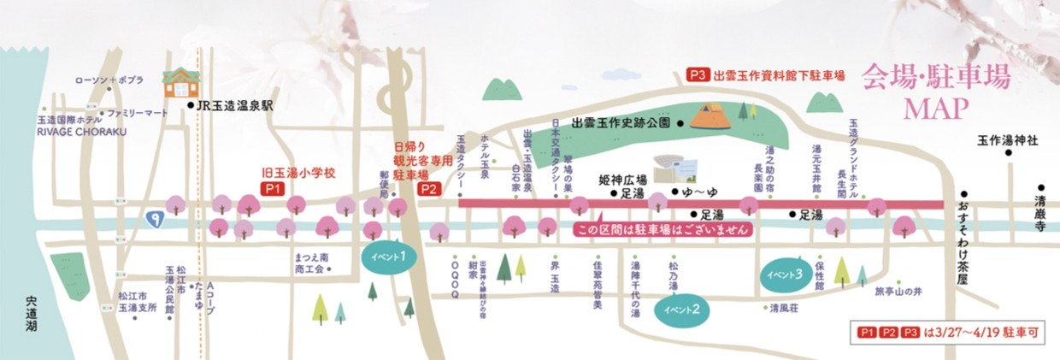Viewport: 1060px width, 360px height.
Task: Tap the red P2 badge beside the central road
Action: point(428,190)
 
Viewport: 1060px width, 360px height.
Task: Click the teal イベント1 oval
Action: point(390,256)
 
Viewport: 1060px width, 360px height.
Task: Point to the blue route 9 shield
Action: point(155,220)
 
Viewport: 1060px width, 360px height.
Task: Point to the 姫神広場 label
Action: point(621,181)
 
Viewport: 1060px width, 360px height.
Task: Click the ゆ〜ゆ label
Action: point(695,193)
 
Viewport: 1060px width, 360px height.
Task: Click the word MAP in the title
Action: point(935,110)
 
